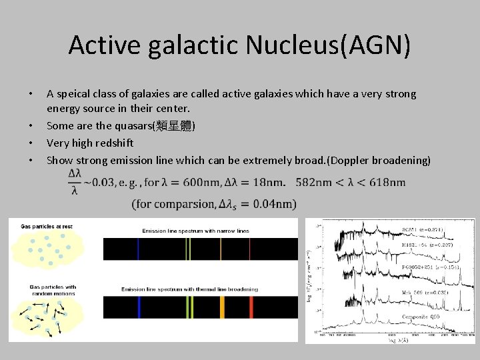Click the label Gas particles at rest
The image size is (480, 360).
pyautogui.click(x=47, y=227)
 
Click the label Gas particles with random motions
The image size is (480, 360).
pyautogui.click(x=53, y=290)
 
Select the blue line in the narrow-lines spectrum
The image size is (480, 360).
pyautogui.click(x=137, y=249)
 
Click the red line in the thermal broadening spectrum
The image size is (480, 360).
pyautogui.click(x=251, y=307)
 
